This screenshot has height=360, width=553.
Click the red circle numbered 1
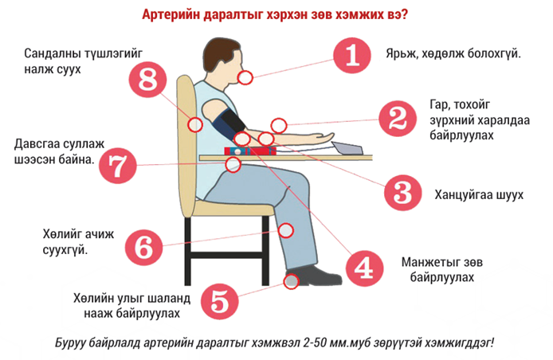(x=352, y=55)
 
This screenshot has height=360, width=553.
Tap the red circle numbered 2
(x=398, y=119)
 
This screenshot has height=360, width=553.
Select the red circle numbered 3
(x=402, y=193)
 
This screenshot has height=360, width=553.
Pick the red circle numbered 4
(x=364, y=268)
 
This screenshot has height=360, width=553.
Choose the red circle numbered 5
(x=219, y=301)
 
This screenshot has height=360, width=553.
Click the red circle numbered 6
(x=143, y=247)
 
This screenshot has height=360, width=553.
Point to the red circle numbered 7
(x=117, y=166)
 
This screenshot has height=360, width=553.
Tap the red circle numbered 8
(x=147, y=79)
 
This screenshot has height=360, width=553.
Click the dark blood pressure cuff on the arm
(x=229, y=125)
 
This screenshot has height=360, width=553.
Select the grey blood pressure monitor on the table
(x=347, y=148)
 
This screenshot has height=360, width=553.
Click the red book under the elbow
(x=250, y=151)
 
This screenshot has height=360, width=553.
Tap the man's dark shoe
(x=313, y=276)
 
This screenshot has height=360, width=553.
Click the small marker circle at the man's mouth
(x=245, y=77)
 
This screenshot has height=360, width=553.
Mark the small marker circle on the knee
(x=286, y=230)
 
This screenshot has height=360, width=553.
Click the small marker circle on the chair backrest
(x=194, y=124)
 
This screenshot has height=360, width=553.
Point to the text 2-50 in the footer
(x=316, y=342)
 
